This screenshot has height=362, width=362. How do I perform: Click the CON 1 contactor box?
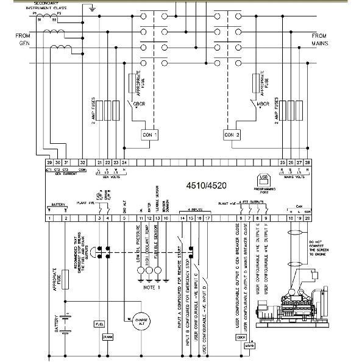[149, 134]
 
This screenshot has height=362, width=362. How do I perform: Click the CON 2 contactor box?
[232, 134]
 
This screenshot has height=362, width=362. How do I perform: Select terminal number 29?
[49, 163]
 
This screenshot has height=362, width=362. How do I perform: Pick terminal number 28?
[308, 163]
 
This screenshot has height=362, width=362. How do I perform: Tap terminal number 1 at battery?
[49, 218]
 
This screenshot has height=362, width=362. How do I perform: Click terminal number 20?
[308, 218]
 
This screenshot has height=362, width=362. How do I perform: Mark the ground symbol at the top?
[91, 9]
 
